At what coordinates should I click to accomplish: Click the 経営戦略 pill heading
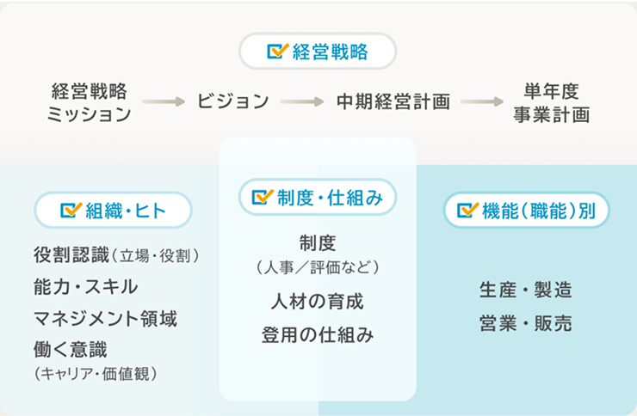[318, 52]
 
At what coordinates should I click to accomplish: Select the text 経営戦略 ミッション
[90, 102]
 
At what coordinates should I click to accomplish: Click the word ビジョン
[232, 101]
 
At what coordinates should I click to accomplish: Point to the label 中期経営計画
[393, 101]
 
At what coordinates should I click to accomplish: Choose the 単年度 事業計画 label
[551, 102]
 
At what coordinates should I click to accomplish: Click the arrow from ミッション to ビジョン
[164, 101]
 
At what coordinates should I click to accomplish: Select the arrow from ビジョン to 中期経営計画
[301, 101]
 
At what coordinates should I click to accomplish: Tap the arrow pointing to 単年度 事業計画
[481, 101]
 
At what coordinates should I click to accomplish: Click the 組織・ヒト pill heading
[113, 210]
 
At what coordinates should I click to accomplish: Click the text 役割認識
[71, 255]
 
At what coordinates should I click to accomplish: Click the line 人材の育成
[318, 302]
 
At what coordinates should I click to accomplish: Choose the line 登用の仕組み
[318, 335]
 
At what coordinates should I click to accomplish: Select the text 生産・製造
[526, 290]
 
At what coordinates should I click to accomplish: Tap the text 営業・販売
[526, 324]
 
